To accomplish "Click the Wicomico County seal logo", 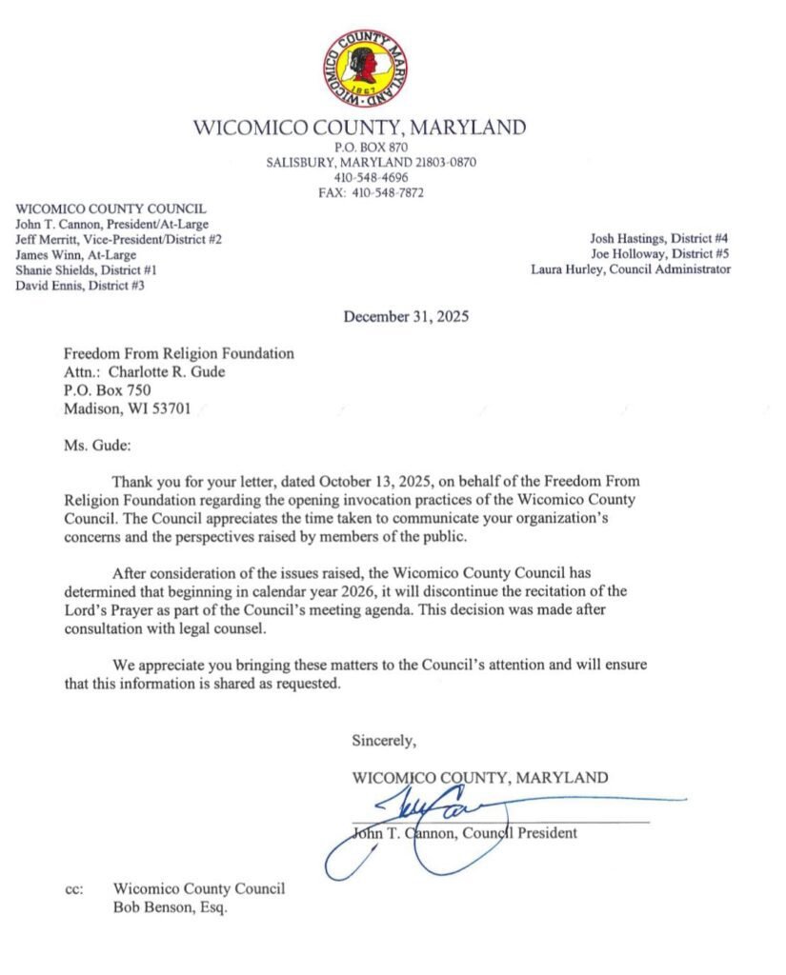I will (x=359, y=67).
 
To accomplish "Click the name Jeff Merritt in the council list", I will (x=48, y=239).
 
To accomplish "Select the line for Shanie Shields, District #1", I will (x=87, y=269).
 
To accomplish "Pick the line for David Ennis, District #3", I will (x=80, y=285).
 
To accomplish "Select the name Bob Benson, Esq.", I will (x=171, y=907).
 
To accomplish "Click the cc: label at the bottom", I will (x=74, y=889).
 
